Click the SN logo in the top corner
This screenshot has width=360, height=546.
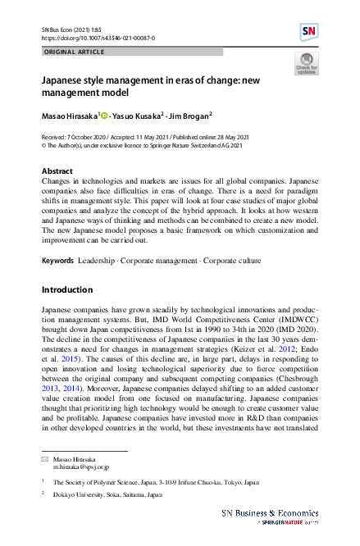click(x=308, y=32)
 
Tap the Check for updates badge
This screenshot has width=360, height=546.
click(x=305, y=64)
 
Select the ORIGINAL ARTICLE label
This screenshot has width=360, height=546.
click(x=73, y=52)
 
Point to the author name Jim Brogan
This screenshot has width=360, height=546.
click(x=189, y=114)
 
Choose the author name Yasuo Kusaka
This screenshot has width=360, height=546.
click(x=139, y=114)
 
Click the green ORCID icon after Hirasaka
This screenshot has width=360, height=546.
click(x=104, y=114)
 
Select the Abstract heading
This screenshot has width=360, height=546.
click(x=57, y=171)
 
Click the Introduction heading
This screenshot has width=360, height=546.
click(x=66, y=289)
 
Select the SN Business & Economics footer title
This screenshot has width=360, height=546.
click(x=271, y=512)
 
